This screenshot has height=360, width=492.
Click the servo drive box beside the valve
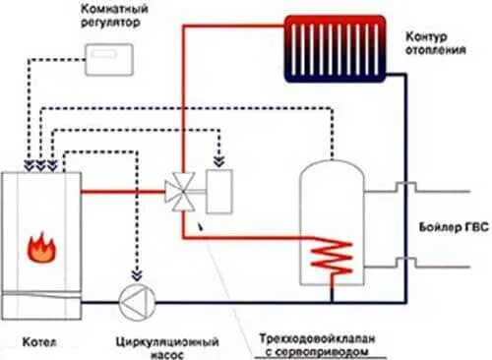219,187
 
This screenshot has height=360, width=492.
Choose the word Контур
428,36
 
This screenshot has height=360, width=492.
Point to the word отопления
434,52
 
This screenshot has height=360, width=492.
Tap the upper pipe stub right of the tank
398,188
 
